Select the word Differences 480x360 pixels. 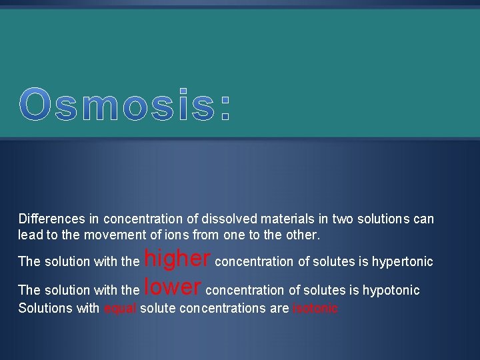[x=51, y=219]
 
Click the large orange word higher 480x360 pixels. [x=177, y=258]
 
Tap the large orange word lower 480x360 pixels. [x=173, y=287]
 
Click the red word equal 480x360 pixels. [x=120, y=308]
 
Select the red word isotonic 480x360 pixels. [x=315, y=308]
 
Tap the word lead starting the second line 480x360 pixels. [x=29, y=235]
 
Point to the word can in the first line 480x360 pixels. [x=423, y=219]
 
